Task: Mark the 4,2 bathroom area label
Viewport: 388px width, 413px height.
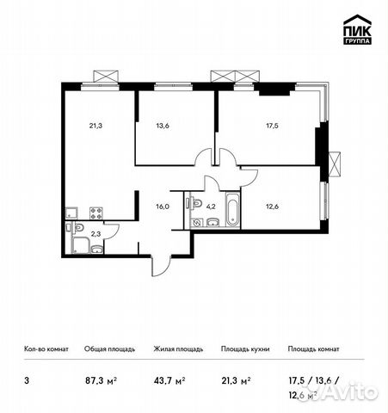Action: click(211, 206)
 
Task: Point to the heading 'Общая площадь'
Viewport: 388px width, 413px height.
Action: click(108, 349)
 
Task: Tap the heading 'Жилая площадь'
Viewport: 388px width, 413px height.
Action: click(177, 349)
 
